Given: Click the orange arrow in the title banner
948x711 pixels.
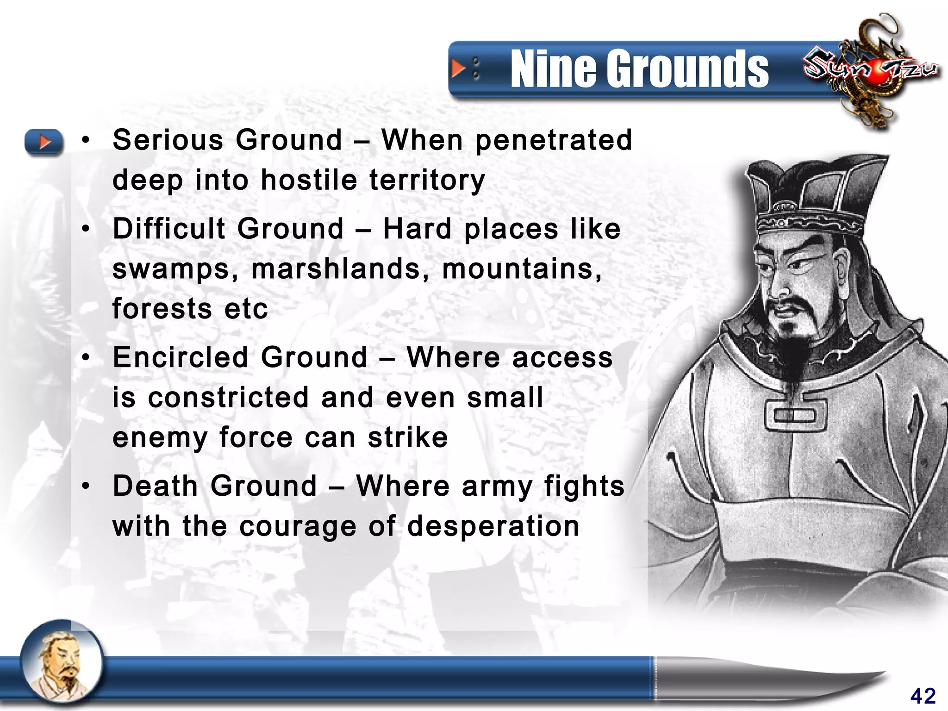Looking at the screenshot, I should (458, 69).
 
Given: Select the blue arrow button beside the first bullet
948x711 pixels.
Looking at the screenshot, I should (44, 142).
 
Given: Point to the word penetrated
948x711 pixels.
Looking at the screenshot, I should (554, 140).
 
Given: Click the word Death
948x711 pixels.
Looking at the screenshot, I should (156, 486).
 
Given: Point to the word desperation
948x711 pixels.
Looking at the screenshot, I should (493, 526).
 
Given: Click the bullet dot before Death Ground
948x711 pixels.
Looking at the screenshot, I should (85, 486).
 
